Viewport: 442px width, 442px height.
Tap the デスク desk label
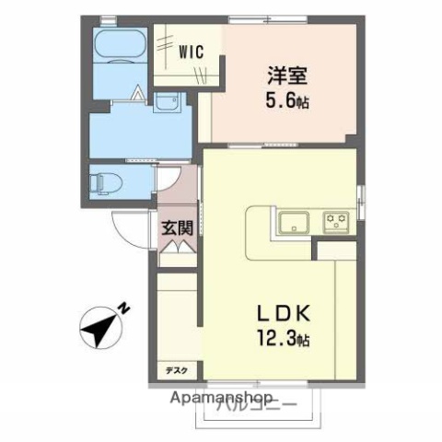tap(176, 370)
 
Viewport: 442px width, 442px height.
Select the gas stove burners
tap(333, 221)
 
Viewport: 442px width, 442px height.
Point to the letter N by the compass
tap(128, 308)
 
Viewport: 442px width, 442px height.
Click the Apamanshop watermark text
tap(220, 399)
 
